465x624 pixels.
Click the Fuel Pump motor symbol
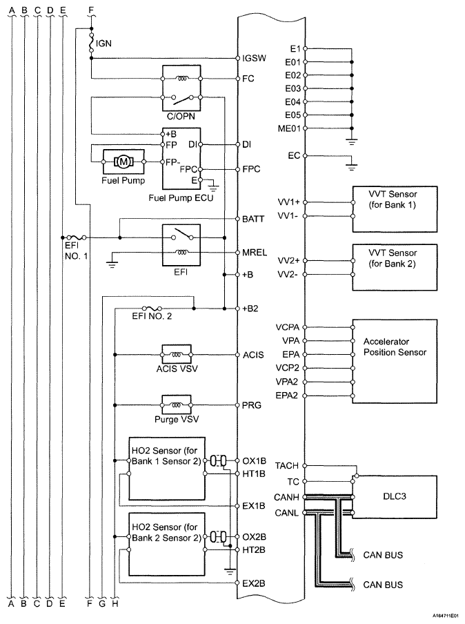pyautogui.click(x=123, y=162)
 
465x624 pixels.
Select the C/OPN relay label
pyautogui.click(x=181, y=116)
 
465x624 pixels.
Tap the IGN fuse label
pyautogui.click(x=103, y=43)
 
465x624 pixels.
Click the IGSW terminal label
pyautogui.click(x=254, y=58)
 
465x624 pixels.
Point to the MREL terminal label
pyautogui.click(x=255, y=253)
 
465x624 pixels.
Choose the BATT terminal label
pyautogui.click(x=253, y=219)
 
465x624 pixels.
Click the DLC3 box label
pyautogui.click(x=395, y=496)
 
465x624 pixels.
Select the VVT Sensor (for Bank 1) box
pyautogui.click(x=395, y=209)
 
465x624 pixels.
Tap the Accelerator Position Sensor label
pyautogui.click(x=395, y=347)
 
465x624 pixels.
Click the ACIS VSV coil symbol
pyautogui.click(x=177, y=354)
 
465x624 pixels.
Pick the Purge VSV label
pyautogui.click(x=177, y=419)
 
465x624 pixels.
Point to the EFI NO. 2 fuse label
pyautogui.click(x=152, y=316)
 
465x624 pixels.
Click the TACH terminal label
pyautogui.click(x=286, y=466)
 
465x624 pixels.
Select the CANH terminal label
pyautogui.click(x=286, y=498)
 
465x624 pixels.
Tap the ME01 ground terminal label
pyautogui.click(x=289, y=128)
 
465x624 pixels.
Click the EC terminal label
pyautogui.click(x=294, y=155)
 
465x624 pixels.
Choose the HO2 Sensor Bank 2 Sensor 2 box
pyautogui.click(x=167, y=544)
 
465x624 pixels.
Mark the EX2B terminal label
pyautogui.click(x=254, y=583)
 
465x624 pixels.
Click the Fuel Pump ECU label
pyautogui.click(x=181, y=198)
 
